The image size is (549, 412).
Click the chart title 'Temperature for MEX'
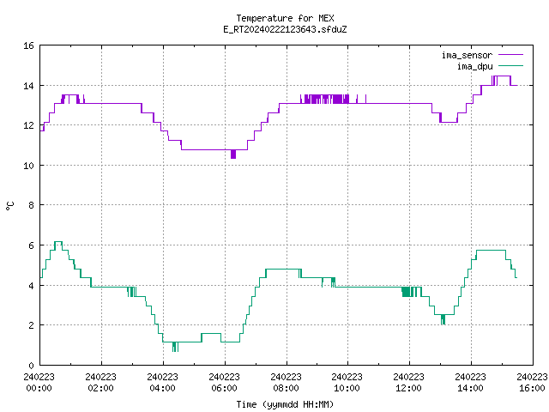point(285,18)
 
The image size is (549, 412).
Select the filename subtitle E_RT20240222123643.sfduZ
point(285,29)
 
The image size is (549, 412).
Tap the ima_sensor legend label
point(467,55)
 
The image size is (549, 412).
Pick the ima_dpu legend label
point(474,66)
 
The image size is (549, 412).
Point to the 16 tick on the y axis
point(28,45)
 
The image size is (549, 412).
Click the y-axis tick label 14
point(28,86)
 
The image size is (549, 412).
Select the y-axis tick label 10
point(28,166)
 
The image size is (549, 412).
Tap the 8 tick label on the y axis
point(31,205)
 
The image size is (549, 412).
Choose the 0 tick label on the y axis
point(31,366)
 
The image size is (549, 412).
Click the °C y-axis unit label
point(9,206)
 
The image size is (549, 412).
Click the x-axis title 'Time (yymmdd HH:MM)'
point(285,404)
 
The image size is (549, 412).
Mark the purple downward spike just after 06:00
point(233,154)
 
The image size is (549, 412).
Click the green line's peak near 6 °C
point(58,242)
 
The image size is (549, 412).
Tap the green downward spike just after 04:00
point(175,347)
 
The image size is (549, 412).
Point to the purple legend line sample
point(510,55)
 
